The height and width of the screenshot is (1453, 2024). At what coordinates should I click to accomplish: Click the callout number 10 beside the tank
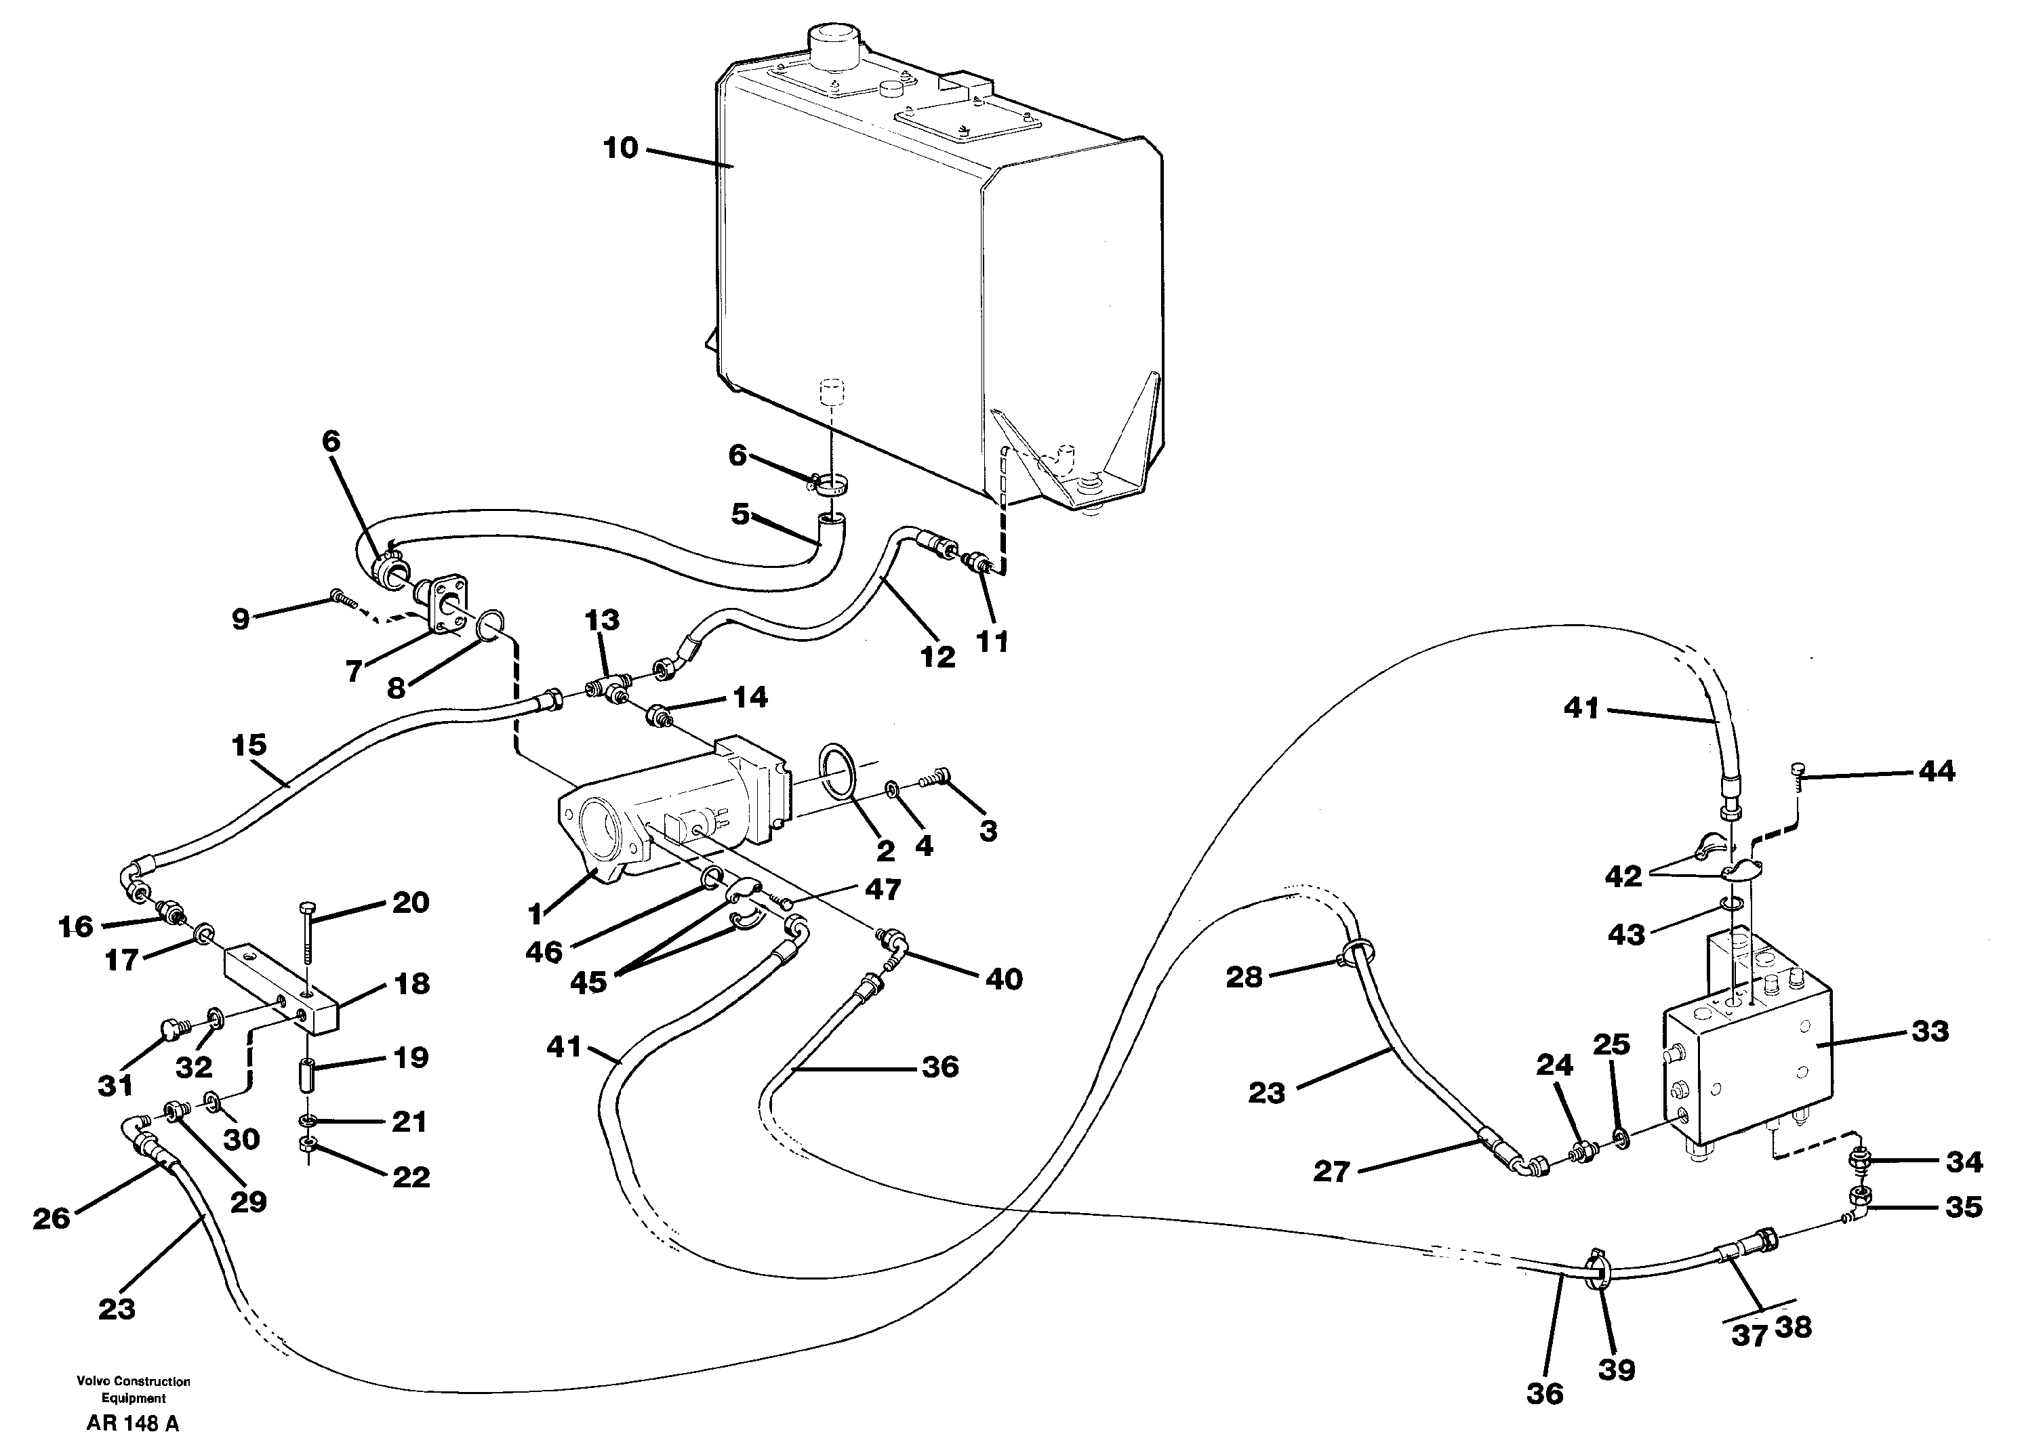(x=620, y=148)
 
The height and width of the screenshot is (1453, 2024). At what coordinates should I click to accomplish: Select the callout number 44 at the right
(x=1936, y=771)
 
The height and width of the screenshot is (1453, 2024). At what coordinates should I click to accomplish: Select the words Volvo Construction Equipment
(x=133, y=1389)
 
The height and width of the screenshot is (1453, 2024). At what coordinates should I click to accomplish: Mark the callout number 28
(x=1244, y=977)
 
